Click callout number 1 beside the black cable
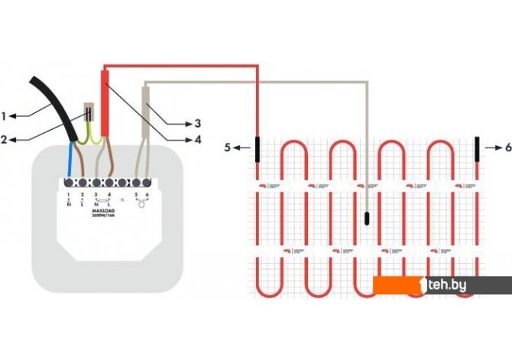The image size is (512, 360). tap(5, 116)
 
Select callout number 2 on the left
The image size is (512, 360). tap(5, 139)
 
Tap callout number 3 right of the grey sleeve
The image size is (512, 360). tap(196, 122)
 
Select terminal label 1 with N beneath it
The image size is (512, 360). tap(68, 195)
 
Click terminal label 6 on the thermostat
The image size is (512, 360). tap(147, 195)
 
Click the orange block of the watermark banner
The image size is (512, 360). tap(397, 285)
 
